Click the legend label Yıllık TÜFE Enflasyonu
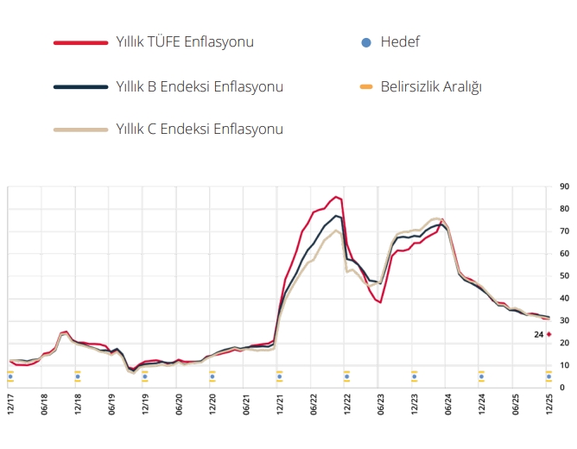(x=185, y=41)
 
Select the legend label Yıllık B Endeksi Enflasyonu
(x=200, y=86)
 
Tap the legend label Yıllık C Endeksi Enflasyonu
(x=200, y=129)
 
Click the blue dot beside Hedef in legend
(x=365, y=41)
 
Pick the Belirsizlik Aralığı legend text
(x=430, y=86)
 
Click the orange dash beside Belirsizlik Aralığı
(x=365, y=86)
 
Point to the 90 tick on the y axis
(x=564, y=187)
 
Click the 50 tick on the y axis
(x=564, y=275)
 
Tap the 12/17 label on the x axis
(x=10, y=405)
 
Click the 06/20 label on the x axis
(x=179, y=405)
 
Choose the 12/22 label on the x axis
(x=347, y=405)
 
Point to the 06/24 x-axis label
(x=447, y=405)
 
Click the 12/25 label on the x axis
(x=548, y=405)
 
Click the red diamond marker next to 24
(x=548, y=334)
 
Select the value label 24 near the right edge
(x=538, y=334)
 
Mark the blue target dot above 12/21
(x=279, y=376)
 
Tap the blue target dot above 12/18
(x=78, y=376)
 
